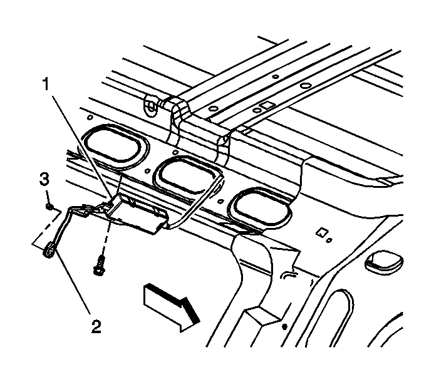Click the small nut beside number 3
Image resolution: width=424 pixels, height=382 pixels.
pyautogui.click(x=49, y=205)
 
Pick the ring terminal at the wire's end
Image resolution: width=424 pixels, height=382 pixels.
pyautogui.click(x=48, y=252)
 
